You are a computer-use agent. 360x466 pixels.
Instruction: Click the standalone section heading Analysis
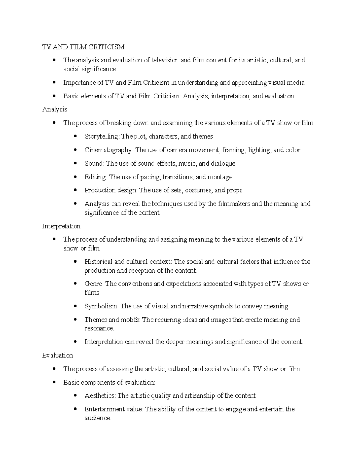click(55, 109)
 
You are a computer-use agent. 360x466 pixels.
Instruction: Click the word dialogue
click(223, 164)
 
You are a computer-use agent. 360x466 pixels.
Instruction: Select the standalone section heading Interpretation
click(61, 226)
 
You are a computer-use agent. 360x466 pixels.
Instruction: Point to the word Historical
click(98, 262)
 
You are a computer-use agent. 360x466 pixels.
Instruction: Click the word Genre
click(94, 284)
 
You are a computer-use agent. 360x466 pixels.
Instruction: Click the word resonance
click(99, 329)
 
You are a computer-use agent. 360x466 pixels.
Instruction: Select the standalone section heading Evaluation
click(58, 356)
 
